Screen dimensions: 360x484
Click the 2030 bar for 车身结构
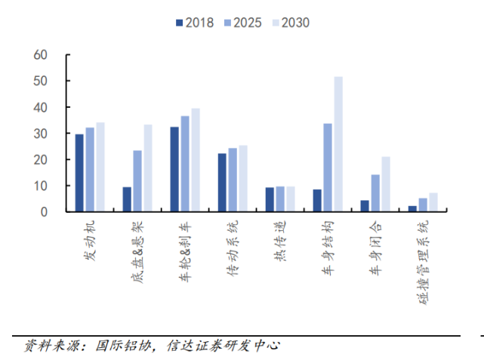(338, 144)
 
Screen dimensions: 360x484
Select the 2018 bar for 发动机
(79, 173)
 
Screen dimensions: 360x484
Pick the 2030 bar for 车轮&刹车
(196, 160)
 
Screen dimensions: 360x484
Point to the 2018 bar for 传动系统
(222, 183)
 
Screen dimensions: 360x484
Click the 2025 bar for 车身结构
(328, 168)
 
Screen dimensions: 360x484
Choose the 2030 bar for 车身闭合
(386, 184)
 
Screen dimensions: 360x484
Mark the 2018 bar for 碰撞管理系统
(412, 209)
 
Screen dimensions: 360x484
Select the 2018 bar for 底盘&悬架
(127, 199)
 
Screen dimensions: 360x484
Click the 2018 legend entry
(194, 23)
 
